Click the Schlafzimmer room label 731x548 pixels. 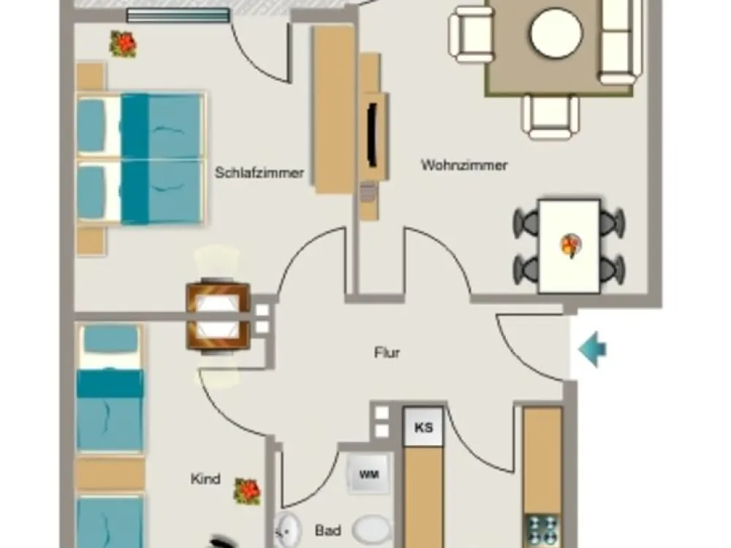tap(260, 172)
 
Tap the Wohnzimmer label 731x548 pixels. tap(464, 165)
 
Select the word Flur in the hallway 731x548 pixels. tap(387, 352)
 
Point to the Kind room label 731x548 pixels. tap(205, 479)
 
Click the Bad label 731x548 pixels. tap(328, 530)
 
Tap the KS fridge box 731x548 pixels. tap(423, 427)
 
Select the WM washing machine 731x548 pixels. tap(368, 474)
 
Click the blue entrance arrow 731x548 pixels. tap(592, 349)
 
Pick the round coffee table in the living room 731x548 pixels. tap(556, 34)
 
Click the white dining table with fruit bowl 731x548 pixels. tap(569, 246)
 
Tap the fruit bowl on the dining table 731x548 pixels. tap(571, 245)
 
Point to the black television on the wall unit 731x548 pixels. tap(372, 134)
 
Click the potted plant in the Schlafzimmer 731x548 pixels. tap(123, 44)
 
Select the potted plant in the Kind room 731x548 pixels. tap(247, 492)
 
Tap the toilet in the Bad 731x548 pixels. tap(371, 530)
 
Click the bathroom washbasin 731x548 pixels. tap(287, 530)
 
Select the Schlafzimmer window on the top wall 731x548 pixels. tap(178, 15)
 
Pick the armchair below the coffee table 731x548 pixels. tap(550, 117)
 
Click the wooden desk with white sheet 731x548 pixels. tap(218, 316)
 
